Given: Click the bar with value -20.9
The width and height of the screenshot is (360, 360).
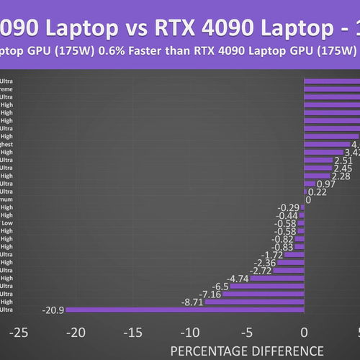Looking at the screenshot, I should point(187,310).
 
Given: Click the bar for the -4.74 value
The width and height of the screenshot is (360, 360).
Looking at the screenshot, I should point(276,278).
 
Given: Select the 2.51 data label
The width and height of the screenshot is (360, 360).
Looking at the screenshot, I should point(343,160).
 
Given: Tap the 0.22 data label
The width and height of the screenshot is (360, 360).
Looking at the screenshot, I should point(318,192).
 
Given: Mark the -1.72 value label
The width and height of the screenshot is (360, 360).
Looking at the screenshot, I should point(271,254).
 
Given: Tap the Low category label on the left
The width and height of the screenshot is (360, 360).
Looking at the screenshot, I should point(6,223).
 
